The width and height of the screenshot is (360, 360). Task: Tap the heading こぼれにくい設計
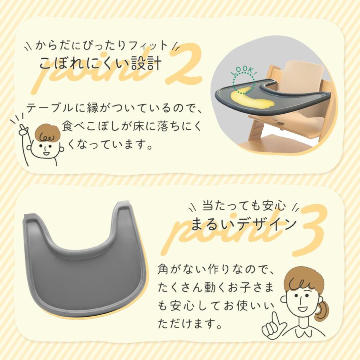[100, 63]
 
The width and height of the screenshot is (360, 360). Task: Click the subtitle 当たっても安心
[244, 206]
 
